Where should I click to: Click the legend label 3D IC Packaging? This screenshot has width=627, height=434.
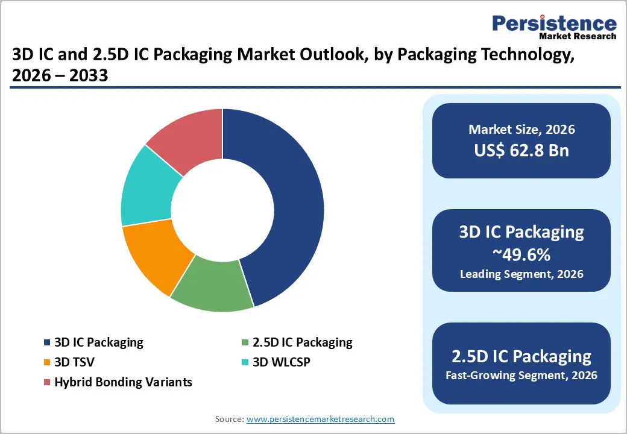pyautogui.click(x=99, y=342)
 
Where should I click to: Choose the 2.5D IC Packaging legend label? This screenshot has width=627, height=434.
pyautogui.click(x=303, y=342)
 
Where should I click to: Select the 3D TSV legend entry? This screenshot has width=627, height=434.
pyautogui.click(x=74, y=362)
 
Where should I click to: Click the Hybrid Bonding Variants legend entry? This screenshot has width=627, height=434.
pyautogui.click(x=123, y=382)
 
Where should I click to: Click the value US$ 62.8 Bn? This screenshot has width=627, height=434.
pyautogui.click(x=521, y=150)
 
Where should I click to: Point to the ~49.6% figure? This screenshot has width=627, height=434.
pyautogui.click(x=521, y=254)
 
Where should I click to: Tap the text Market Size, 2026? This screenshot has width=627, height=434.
pyautogui.click(x=521, y=130)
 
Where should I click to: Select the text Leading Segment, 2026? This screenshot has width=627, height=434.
pyautogui.click(x=521, y=274)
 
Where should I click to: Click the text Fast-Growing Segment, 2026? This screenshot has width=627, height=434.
pyautogui.click(x=521, y=376)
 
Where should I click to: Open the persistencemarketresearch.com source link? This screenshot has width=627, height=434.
pyautogui.click(x=320, y=419)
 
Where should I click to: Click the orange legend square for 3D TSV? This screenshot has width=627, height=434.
pyautogui.click(x=47, y=363)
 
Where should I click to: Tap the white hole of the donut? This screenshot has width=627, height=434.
pyautogui.click(x=222, y=210)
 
